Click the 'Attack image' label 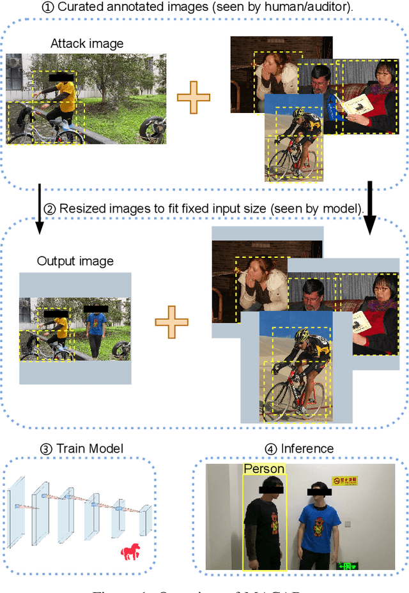tap(87, 44)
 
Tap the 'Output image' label tap(75, 261)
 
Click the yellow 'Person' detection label tap(264, 469)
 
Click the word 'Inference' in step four tap(307, 449)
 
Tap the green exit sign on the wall tap(348, 566)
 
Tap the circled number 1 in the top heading tap(49, 8)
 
